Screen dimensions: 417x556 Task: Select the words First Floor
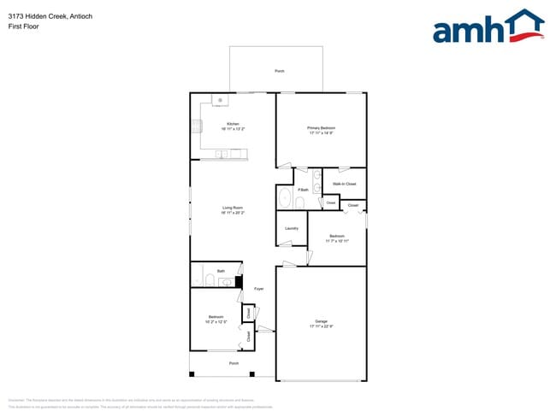click(23, 26)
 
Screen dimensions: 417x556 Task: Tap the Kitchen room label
click(233, 125)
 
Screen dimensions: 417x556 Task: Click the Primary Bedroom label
click(321, 127)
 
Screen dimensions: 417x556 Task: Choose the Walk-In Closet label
click(345, 184)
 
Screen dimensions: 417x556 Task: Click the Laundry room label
click(291, 228)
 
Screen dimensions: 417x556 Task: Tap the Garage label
click(321, 321)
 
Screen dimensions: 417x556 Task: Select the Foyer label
click(258, 289)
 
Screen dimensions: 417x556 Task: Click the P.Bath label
click(303, 190)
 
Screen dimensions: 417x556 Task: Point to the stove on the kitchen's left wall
click(195, 127)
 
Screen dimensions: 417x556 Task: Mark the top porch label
click(279, 71)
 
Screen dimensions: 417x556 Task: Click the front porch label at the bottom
click(234, 364)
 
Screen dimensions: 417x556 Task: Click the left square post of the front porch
click(192, 374)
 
